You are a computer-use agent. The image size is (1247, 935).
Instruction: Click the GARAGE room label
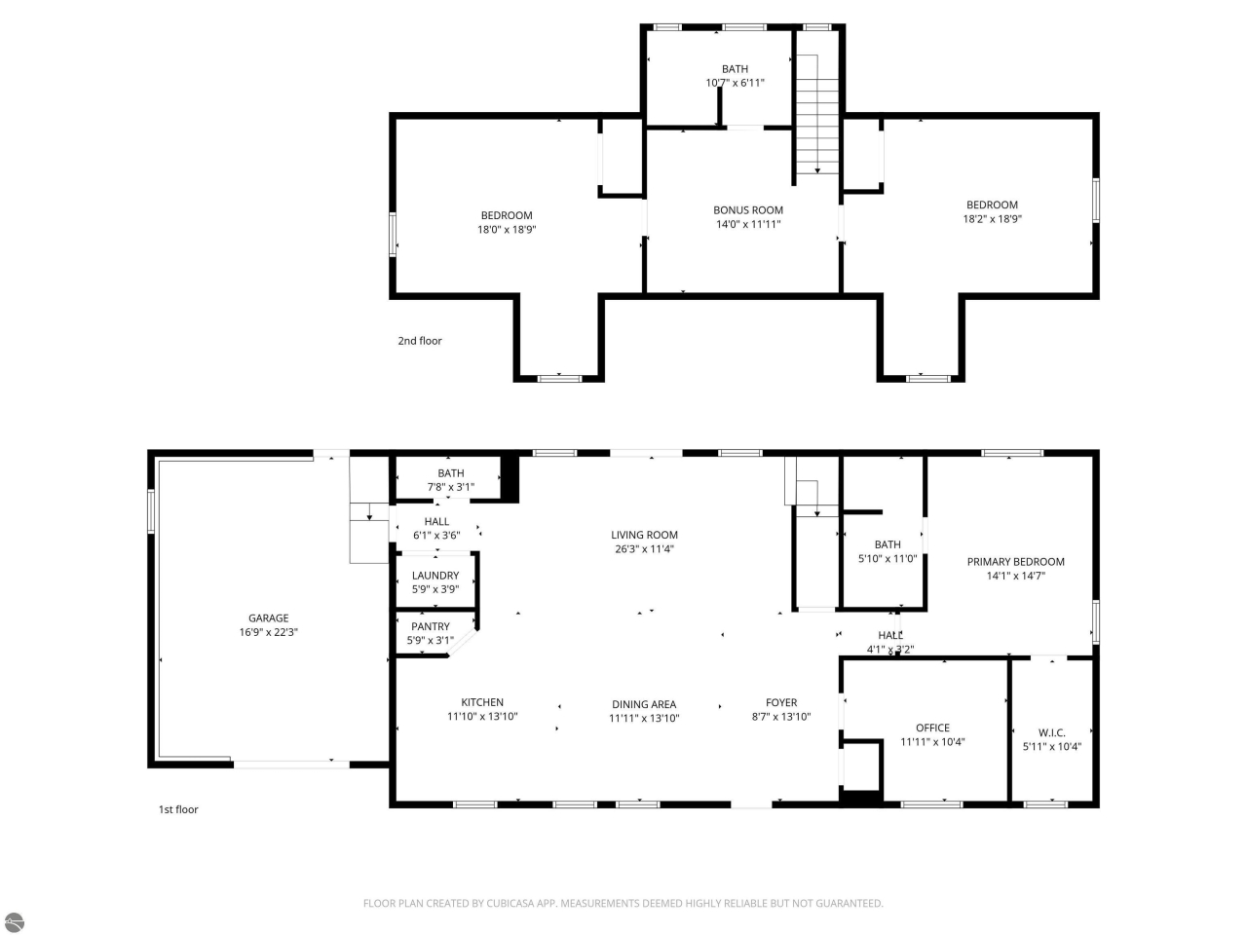click(x=268, y=617)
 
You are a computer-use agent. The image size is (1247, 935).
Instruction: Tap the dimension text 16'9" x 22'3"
click(x=268, y=632)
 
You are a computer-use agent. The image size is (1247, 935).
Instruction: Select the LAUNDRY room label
click(x=435, y=576)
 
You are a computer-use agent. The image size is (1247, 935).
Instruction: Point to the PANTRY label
click(x=431, y=626)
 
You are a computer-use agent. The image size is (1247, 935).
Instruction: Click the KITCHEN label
click(x=482, y=702)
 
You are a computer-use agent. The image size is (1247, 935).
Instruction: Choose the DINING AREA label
click(x=644, y=704)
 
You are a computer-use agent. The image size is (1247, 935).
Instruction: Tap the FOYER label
click(x=781, y=702)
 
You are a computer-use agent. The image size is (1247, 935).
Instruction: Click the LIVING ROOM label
click(x=644, y=535)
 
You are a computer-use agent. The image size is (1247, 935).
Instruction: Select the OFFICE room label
click(x=932, y=728)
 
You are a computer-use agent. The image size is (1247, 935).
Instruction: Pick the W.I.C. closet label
click(x=1052, y=732)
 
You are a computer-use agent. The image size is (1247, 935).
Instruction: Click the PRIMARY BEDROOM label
click(x=1015, y=562)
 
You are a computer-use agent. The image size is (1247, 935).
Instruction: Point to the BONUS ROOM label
click(x=748, y=209)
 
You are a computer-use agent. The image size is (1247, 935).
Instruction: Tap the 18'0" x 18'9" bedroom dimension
click(x=507, y=230)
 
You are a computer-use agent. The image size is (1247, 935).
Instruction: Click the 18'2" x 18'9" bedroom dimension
click(x=992, y=219)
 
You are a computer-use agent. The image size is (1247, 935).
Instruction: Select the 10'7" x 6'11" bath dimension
click(x=735, y=83)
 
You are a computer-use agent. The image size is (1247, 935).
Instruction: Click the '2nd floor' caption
click(x=420, y=341)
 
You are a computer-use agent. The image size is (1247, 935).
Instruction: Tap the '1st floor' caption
click(x=178, y=809)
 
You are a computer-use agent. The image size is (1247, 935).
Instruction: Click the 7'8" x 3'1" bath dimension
click(x=451, y=487)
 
